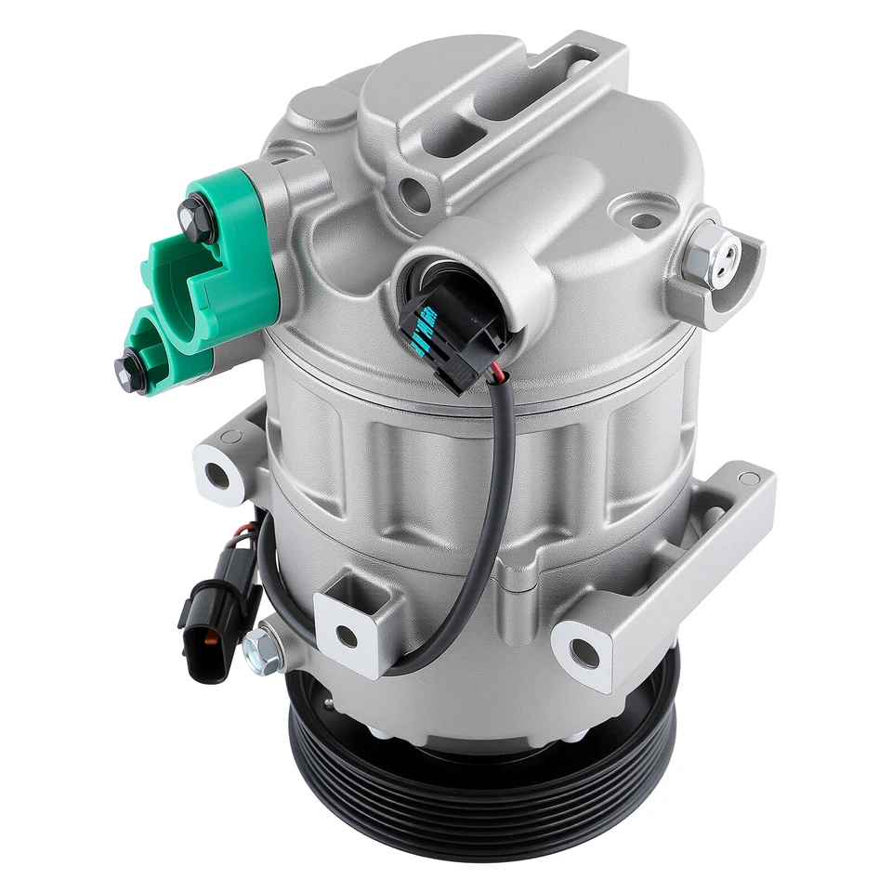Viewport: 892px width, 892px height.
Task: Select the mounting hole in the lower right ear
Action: (584, 655)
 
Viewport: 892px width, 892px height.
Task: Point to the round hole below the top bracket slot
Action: (409, 194)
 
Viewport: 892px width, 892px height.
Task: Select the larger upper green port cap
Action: (223, 256)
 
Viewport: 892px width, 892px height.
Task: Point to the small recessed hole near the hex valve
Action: (643, 220)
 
